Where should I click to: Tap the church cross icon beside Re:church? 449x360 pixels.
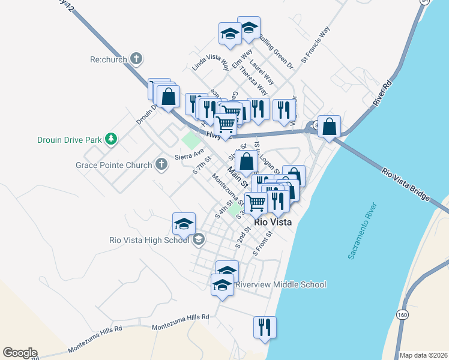click(x=136, y=59)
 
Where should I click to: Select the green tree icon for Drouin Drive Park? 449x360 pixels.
click(x=110, y=139)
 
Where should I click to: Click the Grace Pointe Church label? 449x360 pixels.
click(x=113, y=164)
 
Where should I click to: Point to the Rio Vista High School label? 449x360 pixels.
click(x=149, y=241)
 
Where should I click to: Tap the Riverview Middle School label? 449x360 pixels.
click(x=281, y=284)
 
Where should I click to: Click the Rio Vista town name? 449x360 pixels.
click(x=273, y=222)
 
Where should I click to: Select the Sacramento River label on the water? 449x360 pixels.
click(x=363, y=231)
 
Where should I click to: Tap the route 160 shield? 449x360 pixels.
click(x=402, y=314)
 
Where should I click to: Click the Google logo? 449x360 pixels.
click(x=19, y=353)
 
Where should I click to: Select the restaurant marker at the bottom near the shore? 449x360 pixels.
click(x=265, y=327)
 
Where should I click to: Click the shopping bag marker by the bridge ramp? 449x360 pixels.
click(x=329, y=127)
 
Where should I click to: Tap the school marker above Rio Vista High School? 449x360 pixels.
click(x=184, y=224)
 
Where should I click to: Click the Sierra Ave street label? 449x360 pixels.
click(x=185, y=155)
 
